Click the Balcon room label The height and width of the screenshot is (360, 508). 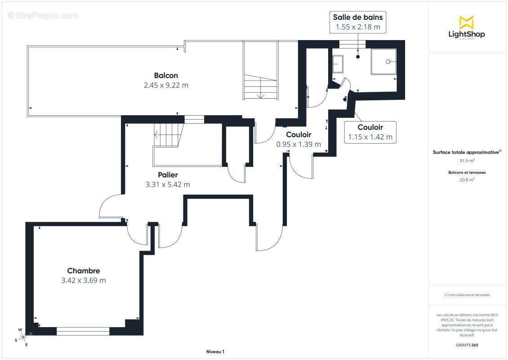coord(166,76)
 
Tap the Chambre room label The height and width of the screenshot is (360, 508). coord(84,271)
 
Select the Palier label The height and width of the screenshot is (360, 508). coord(168,175)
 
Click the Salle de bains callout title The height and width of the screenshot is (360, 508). coord(358,17)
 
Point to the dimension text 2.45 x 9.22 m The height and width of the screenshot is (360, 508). coord(166,85)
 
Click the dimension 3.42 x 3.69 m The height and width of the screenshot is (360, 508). coord(84,280)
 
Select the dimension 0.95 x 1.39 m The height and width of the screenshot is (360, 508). coord(299,144)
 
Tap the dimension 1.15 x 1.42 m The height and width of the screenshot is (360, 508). coord(370,137)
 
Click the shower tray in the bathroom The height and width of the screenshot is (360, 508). coord(384,62)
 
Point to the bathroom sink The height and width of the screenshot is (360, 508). coord(338,64)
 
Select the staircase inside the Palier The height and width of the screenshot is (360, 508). coord(168,135)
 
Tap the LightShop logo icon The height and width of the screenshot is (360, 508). coord(467,22)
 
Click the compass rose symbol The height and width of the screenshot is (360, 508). coord(23,337)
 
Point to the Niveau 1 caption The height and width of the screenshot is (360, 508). coord(215,351)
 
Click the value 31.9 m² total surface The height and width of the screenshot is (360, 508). coord(467,161)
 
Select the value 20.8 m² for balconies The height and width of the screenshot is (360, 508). coord(467,180)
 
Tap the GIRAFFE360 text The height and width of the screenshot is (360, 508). coord(467,345)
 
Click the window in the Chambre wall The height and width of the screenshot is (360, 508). coord(83,331)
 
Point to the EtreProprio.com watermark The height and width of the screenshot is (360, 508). coord(43,15)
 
